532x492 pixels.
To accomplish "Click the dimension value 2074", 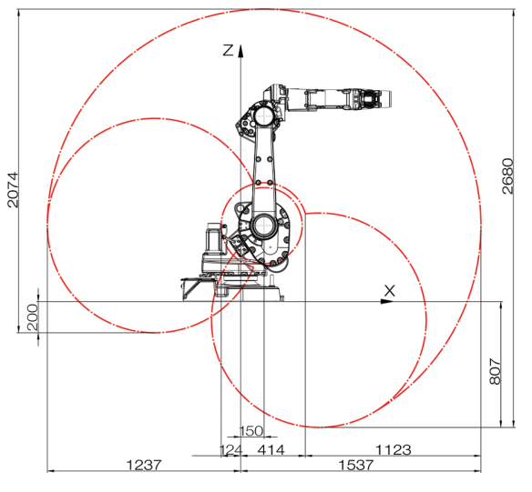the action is [13, 190].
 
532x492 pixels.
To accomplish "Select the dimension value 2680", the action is [507, 176].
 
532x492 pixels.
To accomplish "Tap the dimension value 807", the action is [496, 371].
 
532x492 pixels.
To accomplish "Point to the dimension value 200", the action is [33, 317].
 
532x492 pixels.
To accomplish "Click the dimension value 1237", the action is [144, 465].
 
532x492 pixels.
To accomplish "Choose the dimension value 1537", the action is [356, 465].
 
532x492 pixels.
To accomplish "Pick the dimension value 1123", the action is [394, 450].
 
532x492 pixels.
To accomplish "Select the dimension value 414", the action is [271, 450].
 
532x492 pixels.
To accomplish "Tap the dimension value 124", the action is [231, 450].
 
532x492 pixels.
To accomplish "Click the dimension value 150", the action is [251, 431].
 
